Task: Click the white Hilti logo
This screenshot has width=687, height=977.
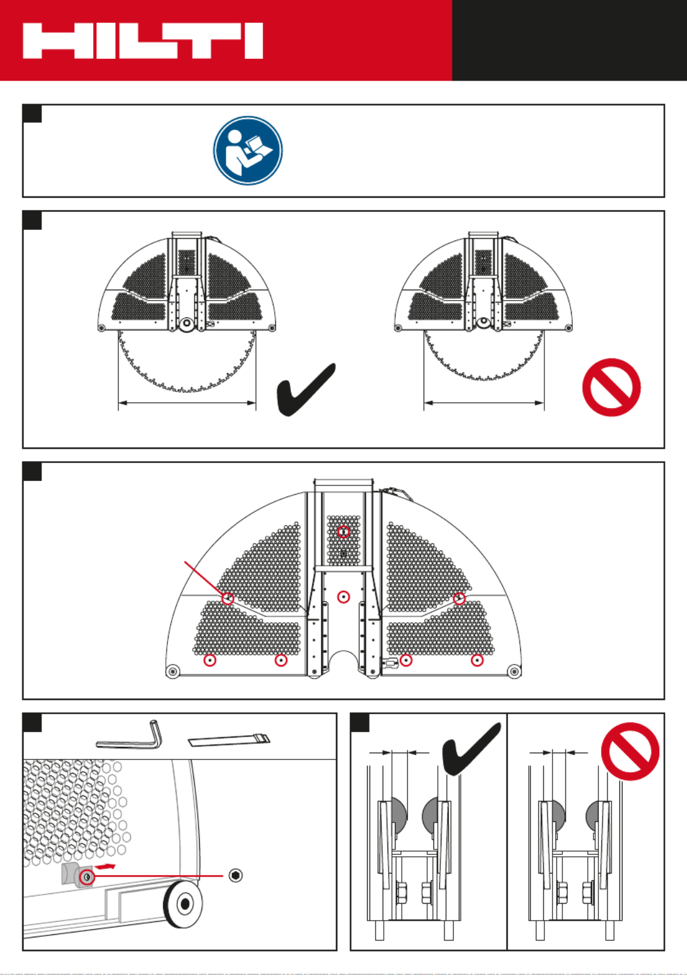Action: (x=143, y=41)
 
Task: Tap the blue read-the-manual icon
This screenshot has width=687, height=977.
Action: (x=248, y=151)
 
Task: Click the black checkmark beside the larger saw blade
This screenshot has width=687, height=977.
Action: (x=306, y=389)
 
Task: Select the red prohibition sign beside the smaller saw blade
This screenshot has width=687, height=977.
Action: (x=611, y=387)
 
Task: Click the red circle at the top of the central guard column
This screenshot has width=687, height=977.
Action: (x=343, y=532)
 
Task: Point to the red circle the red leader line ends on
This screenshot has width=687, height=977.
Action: (x=228, y=598)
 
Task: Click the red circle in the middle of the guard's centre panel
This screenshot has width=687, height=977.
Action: (x=343, y=597)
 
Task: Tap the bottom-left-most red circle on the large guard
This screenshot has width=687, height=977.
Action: (x=210, y=660)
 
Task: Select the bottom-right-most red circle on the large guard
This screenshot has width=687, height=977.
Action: (x=477, y=660)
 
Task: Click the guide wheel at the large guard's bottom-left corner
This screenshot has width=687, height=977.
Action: (x=173, y=671)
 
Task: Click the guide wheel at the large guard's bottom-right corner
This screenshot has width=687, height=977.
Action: (x=513, y=671)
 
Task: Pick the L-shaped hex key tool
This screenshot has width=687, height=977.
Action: (x=130, y=736)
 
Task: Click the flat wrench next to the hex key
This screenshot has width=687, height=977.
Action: (x=229, y=740)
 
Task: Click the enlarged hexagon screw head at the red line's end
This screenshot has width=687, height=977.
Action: (x=236, y=875)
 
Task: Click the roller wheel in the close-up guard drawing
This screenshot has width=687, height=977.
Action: (x=184, y=903)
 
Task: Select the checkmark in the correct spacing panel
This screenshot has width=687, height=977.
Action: (x=471, y=749)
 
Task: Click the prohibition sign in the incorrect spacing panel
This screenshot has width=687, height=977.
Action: (x=630, y=751)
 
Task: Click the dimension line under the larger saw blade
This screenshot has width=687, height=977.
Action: (x=187, y=403)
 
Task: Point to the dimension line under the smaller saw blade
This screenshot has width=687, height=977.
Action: (x=484, y=403)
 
